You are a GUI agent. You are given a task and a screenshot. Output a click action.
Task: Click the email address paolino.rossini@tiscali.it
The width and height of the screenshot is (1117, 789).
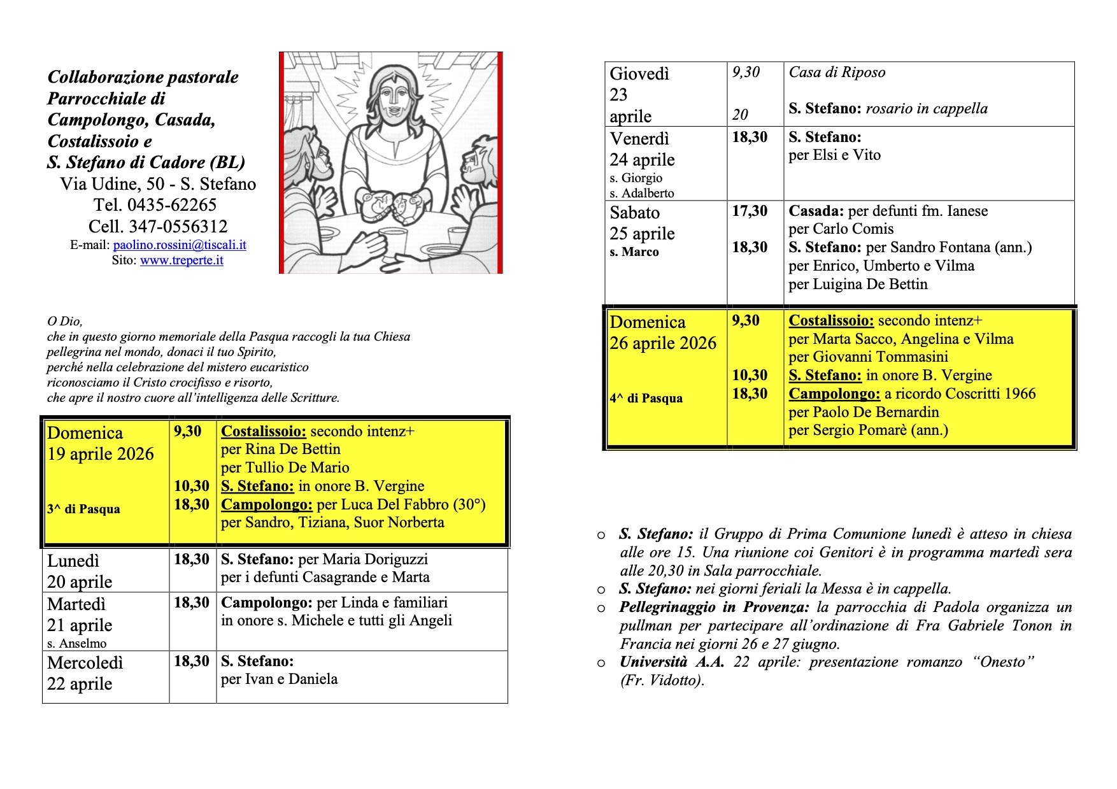(x=180, y=245)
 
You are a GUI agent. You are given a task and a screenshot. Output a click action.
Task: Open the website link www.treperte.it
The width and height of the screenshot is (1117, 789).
(x=181, y=260)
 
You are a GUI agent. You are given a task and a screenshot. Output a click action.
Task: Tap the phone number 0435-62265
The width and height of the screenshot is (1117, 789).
(x=172, y=205)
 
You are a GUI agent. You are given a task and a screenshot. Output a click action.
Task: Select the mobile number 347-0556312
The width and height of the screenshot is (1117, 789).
(x=178, y=227)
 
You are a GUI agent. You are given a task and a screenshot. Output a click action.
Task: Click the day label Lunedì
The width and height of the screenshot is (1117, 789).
(x=73, y=561)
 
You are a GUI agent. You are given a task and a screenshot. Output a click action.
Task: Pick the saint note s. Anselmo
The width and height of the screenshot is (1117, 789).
(x=76, y=644)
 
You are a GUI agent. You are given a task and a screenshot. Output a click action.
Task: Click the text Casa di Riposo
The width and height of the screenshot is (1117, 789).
(x=837, y=73)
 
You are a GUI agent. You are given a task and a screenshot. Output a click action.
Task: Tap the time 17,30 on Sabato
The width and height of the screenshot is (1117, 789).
(x=750, y=211)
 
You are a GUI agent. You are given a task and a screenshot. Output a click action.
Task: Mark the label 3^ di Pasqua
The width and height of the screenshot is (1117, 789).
(x=83, y=509)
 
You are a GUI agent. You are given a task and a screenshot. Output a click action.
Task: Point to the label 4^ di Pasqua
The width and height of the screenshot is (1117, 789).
(x=646, y=399)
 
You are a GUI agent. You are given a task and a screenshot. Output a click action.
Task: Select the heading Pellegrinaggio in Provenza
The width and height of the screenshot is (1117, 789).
(x=714, y=608)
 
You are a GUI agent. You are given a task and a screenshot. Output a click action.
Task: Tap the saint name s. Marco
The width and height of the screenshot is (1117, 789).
(x=634, y=252)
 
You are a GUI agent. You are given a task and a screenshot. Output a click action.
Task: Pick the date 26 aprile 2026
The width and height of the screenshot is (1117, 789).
(x=662, y=344)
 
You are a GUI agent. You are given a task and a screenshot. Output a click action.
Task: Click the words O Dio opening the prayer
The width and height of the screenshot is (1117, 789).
(x=64, y=322)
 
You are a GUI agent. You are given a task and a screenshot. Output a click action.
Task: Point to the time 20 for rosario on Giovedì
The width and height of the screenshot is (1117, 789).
(x=739, y=115)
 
